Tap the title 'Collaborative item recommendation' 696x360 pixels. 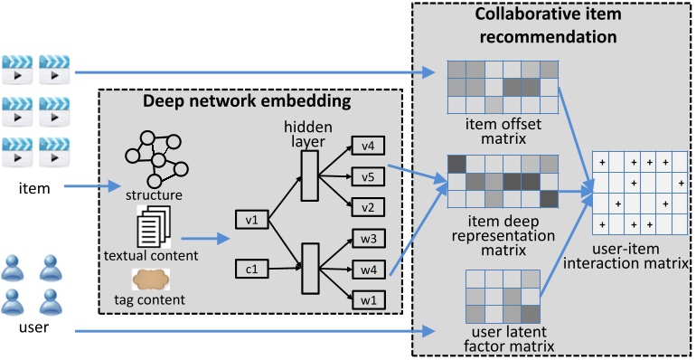click(549, 26)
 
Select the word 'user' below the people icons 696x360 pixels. click(33, 327)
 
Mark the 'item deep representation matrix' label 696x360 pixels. click(502, 231)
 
